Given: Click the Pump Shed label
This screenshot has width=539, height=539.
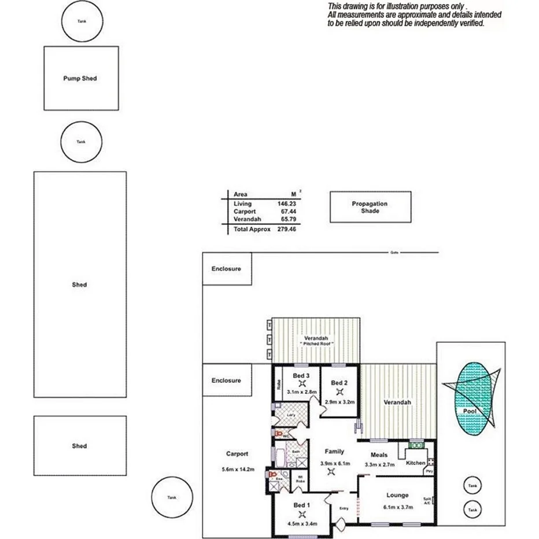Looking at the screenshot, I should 80,79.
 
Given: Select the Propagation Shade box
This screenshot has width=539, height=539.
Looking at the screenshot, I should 370,207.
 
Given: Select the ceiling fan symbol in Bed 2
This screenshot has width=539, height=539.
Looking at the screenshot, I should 338,392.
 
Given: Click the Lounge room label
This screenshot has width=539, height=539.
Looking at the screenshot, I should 397,495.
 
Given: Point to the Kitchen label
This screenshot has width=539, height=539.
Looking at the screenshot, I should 415,463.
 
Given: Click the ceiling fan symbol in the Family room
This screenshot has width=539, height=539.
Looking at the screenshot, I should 331,472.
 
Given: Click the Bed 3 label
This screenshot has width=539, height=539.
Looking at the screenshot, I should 301,376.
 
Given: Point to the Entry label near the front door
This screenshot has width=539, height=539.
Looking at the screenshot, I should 344,508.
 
